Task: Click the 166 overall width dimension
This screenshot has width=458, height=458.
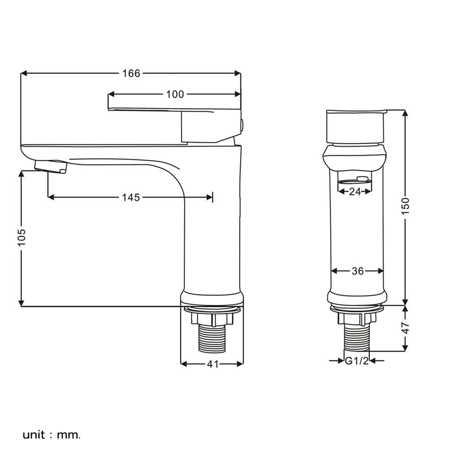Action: [131, 73]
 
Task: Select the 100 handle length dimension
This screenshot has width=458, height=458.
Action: [175, 94]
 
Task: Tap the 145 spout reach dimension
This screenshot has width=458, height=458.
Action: [131, 197]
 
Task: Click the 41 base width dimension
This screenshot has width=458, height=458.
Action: [213, 364]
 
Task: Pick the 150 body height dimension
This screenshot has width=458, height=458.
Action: [405, 206]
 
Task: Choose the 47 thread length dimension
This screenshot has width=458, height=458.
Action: [405, 328]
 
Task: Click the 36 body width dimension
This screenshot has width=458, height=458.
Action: [358, 271]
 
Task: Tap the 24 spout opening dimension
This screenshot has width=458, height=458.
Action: [355, 191]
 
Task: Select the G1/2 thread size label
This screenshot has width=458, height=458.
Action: [357, 361]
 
